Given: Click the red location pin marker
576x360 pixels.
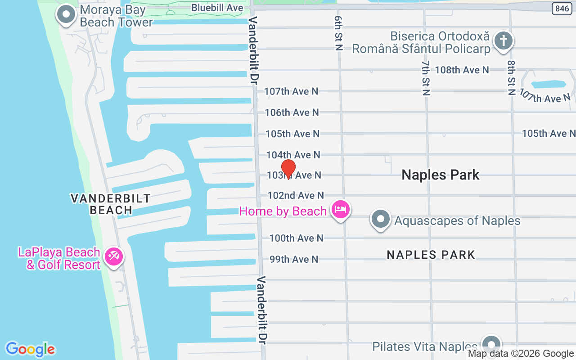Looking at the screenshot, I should tap(288, 169).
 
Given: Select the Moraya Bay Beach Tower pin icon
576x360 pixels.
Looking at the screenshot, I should tap(67, 14).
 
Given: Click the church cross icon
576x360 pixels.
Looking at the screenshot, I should tap(504, 41).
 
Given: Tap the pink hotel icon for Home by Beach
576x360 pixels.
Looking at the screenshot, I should tap(341, 210).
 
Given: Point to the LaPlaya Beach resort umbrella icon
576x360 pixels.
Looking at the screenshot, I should tap(113, 257).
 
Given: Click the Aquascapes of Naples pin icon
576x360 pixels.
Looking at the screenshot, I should tap(381, 220).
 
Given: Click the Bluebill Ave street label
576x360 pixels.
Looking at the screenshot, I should tap(217, 8).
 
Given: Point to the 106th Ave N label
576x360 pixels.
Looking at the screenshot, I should tap(292, 112).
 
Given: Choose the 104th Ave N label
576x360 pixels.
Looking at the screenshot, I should tap(293, 155).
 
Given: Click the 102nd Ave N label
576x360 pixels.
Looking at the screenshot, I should tap(296, 195).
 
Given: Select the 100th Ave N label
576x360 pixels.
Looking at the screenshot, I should tap(296, 238).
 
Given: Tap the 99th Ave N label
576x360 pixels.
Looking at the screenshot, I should tap(294, 259).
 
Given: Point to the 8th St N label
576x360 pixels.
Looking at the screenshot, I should tap(511, 78).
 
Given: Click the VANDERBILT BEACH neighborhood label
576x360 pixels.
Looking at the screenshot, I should tap(110, 204).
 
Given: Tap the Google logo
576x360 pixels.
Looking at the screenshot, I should tap(30, 349).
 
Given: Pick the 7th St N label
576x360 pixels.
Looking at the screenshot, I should tap(426, 78).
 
